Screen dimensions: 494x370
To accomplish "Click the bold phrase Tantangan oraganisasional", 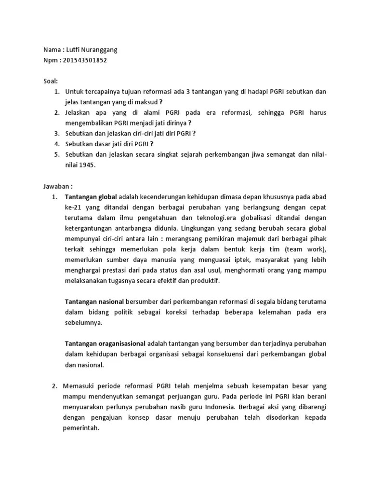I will [x=105, y=343].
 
